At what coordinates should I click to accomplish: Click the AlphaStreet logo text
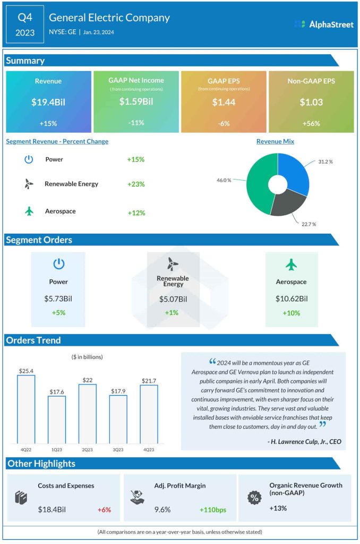click(331, 24)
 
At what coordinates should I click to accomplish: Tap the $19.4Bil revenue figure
click(48, 102)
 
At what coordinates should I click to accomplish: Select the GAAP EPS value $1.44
click(224, 102)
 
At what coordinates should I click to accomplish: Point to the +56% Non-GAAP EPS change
click(311, 123)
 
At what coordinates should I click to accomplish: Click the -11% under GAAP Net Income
click(136, 123)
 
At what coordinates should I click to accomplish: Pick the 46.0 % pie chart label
click(224, 180)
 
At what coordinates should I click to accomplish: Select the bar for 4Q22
click(26, 409)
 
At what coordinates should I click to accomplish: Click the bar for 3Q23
click(118, 419)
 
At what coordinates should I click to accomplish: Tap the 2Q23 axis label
click(88, 449)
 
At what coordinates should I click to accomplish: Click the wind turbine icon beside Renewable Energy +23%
click(29, 184)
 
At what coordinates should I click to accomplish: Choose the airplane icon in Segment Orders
click(292, 264)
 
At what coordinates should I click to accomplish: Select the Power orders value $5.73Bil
click(58, 299)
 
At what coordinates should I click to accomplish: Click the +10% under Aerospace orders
click(291, 313)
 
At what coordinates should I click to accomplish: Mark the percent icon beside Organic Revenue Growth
click(255, 498)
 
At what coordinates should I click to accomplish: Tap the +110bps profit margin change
click(213, 510)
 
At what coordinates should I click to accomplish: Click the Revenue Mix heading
click(275, 141)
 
